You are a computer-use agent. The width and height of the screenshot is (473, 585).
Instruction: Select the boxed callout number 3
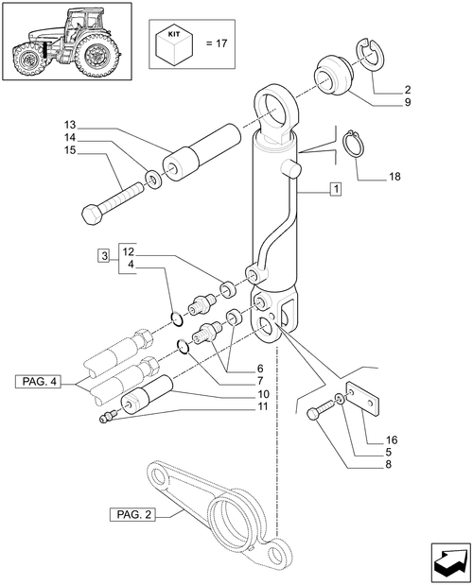(103, 255)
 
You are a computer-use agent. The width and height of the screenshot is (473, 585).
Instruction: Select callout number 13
(70, 125)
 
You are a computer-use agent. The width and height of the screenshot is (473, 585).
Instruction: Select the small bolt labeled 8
(320, 412)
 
